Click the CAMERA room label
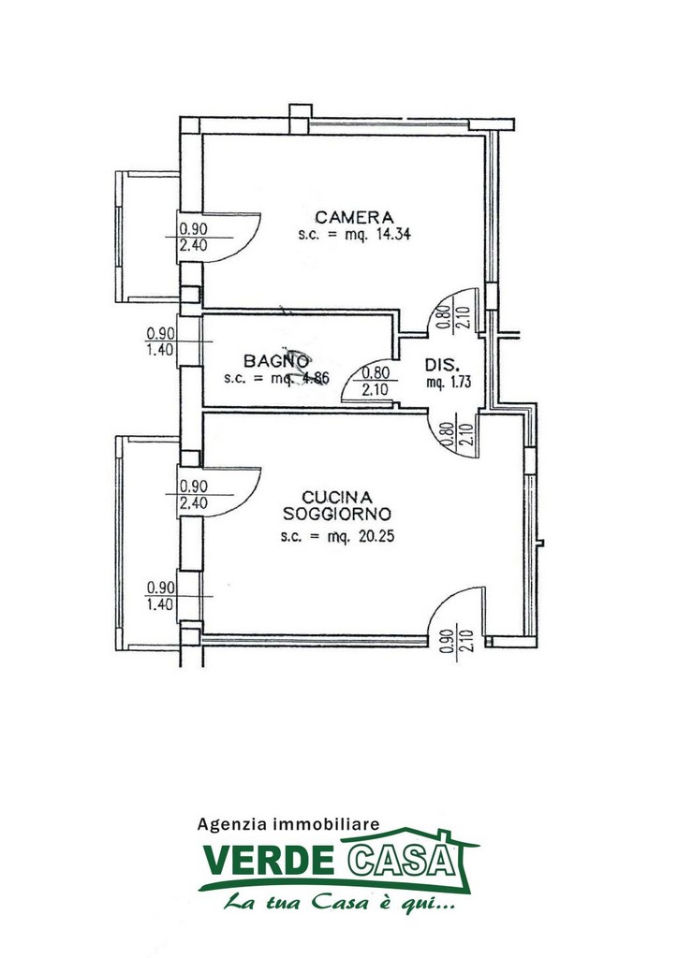tap(354, 217)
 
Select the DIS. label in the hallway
tap(442, 366)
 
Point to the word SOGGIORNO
tap(337, 515)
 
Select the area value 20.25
tap(376, 537)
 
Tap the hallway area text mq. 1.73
tap(450, 383)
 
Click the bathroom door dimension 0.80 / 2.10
tap(376, 381)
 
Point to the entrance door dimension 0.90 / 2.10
tap(455, 642)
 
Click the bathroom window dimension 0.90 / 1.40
tap(160, 342)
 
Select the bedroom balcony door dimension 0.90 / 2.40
tap(194, 237)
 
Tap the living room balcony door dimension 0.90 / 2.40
tap(194, 495)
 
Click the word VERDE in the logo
tap(268, 861)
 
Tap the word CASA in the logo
tap(403, 861)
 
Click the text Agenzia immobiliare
tap(287, 824)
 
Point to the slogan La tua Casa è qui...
tap(339, 902)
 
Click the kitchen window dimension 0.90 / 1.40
tap(160, 596)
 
